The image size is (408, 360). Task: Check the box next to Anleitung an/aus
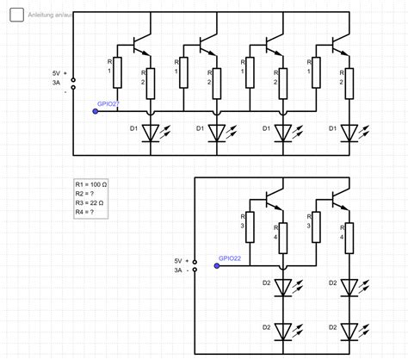(15, 15)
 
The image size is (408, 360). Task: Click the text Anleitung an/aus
(49, 16)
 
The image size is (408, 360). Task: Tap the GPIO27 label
(108, 103)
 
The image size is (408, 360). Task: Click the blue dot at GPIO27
(96, 111)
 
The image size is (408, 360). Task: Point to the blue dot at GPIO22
(217, 265)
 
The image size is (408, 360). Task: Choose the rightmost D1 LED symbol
(349, 132)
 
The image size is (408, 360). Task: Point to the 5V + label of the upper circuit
(59, 74)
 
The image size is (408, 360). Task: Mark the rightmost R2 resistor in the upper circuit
(349, 83)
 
